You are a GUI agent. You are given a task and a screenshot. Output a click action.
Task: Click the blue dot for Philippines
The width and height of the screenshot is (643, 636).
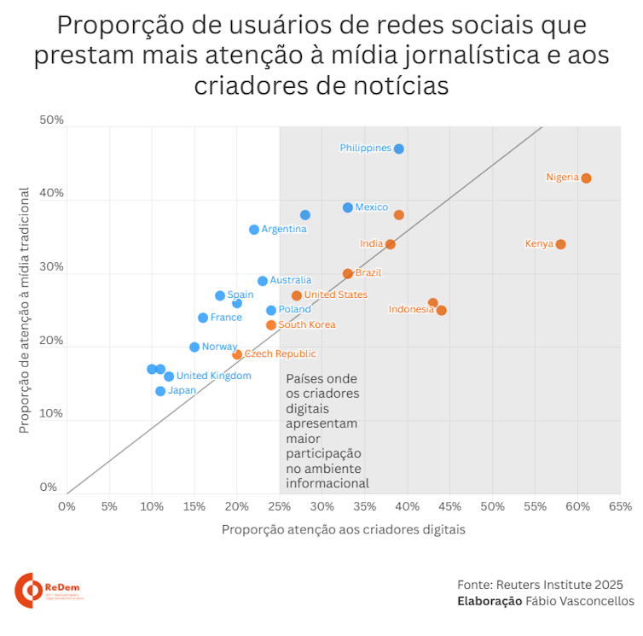click(x=399, y=149)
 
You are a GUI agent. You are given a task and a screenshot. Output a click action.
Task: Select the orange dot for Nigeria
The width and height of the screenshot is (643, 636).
click(x=586, y=178)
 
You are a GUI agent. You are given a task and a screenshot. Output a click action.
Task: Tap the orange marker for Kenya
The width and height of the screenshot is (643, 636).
click(x=560, y=244)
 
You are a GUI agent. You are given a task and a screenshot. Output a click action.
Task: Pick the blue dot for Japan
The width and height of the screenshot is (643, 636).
click(x=160, y=391)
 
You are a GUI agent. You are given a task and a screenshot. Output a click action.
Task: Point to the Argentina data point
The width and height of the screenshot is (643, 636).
click(x=254, y=230)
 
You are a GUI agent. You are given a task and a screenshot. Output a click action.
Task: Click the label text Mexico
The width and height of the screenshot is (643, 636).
click(x=372, y=207)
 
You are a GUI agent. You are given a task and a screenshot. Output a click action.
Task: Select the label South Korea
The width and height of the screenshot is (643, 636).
click(x=307, y=324)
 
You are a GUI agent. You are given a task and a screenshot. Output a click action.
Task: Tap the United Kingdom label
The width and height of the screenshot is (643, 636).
click(x=214, y=376)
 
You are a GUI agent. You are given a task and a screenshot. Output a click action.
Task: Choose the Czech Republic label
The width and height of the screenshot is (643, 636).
click(x=281, y=353)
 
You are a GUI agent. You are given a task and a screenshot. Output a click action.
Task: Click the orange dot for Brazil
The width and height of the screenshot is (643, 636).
click(x=348, y=274)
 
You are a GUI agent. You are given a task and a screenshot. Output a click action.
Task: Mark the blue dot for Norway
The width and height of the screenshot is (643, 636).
click(x=194, y=347)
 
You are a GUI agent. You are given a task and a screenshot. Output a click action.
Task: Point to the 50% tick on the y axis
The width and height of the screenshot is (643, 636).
click(x=52, y=120)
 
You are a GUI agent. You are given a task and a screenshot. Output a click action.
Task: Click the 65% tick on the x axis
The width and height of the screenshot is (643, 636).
click(x=620, y=506)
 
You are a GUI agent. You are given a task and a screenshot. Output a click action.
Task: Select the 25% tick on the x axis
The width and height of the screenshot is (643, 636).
click(x=280, y=506)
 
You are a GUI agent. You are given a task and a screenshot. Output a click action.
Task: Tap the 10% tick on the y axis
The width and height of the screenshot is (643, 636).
click(x=52, y=414)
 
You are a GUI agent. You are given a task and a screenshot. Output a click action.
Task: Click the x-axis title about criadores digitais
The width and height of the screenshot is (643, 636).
click(x=344, y=529)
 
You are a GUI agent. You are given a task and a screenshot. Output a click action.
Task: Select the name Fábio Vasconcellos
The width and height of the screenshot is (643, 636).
click(x=580, y=601)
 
